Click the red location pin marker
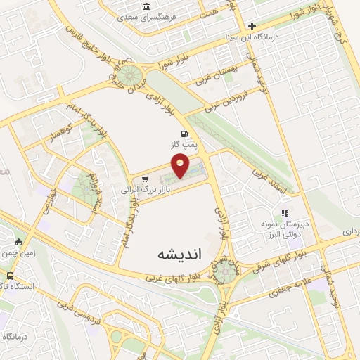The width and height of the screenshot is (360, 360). (x=181, y=167)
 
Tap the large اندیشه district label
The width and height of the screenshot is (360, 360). (x=180, y=254)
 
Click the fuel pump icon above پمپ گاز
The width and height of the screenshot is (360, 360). (x=184, y=134)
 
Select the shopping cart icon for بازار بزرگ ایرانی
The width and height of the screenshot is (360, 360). (x=145, y=178)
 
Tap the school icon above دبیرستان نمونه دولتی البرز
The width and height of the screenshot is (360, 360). (x=284, y=212)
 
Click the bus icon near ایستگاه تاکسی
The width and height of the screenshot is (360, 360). (x=11, y=276)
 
